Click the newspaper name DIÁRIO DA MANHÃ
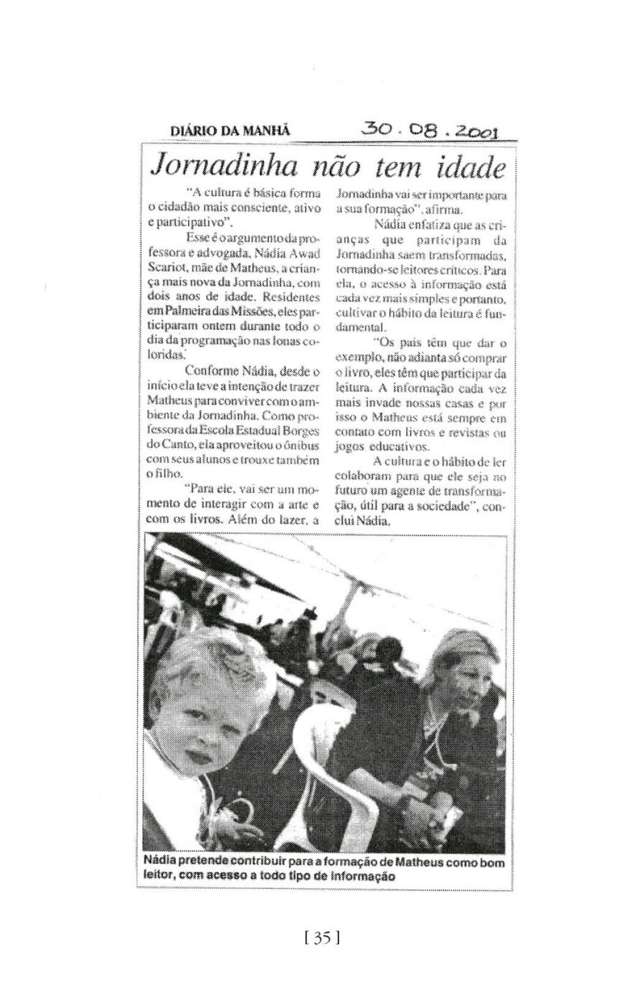coord(229,130)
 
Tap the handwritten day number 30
coord(376,128)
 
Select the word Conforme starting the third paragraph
coord(212,371)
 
